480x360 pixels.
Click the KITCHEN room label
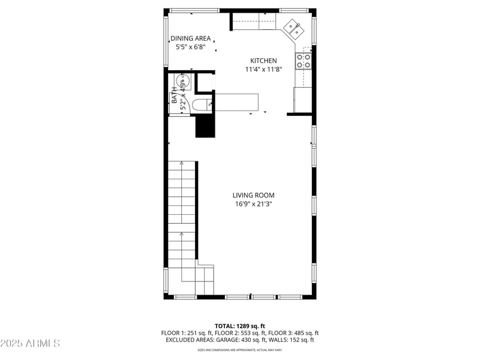263,61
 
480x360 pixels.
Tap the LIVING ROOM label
254,195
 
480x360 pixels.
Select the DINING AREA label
190,38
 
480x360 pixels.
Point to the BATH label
175,97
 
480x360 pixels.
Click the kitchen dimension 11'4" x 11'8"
263,69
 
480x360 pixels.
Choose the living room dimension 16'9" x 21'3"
254,204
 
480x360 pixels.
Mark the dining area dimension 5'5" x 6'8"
190,47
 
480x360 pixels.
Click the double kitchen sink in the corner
293,28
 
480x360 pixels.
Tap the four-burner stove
302,60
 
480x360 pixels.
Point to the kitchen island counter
236,102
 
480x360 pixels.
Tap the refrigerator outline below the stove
302,99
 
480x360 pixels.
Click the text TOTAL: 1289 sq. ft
240,326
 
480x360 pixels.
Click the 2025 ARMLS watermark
30,343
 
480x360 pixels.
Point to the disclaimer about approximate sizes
240,350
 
